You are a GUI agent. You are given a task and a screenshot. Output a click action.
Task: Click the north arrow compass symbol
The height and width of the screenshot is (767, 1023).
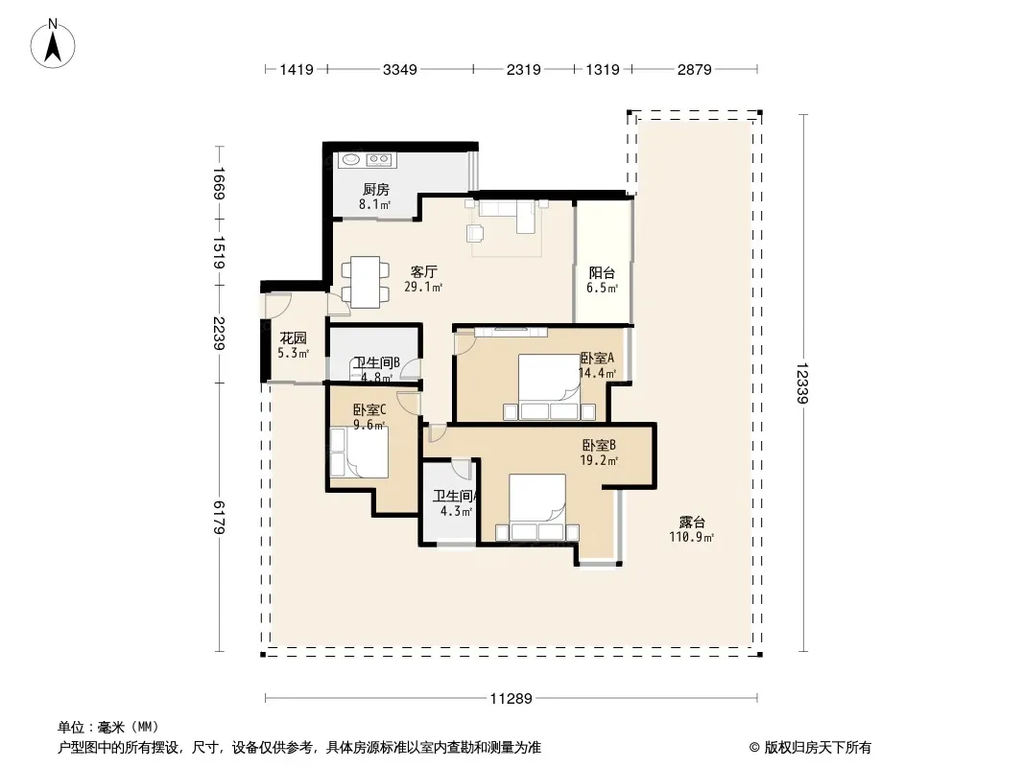pyautogui.click(x=53, y=44)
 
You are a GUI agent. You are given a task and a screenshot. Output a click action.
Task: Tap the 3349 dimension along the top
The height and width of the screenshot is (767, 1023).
pyautogui.click(x=399, y=69)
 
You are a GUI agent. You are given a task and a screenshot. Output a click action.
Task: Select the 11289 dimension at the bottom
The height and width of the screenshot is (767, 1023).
pyautogui.click(x=511, y=699)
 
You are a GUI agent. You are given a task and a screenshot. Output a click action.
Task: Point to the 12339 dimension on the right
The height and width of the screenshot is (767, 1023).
pyautogui.click(x=802, y=383)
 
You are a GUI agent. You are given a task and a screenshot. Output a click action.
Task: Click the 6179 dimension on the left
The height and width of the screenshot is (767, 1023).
pyautogui.click(x=219, y=517)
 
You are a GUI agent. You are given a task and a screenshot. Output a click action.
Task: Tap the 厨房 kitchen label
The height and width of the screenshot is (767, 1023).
pyautogui.click(x=376, y=190)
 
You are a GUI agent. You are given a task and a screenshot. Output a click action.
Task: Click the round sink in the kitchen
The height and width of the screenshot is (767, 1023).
pyautogui.click(x=351, y=158)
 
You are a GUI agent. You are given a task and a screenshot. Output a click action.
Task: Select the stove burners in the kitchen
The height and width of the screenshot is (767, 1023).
pyautogui.click(x=379, y=159)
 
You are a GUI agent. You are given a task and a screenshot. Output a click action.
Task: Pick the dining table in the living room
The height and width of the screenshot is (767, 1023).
pyautogui.click(x=366, y=282)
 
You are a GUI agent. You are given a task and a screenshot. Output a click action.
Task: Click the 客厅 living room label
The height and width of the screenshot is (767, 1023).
pyautogui.click(x=423, y=271)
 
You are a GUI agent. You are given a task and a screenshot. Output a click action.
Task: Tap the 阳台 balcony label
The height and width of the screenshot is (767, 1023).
pyautogui.click(x=602, y=273)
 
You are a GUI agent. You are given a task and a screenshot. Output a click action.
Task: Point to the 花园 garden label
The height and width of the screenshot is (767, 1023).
pyautogui.click(x=293, y=338)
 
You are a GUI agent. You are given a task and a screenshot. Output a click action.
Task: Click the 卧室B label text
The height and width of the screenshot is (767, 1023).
pyautogui.click(x=599, y=446)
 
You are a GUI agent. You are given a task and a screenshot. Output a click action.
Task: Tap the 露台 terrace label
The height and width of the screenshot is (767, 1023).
pyautogui.click(x=692, y=523)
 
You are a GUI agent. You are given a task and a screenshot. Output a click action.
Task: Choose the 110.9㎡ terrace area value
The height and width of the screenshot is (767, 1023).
pyautogui.click(x=692, y=538)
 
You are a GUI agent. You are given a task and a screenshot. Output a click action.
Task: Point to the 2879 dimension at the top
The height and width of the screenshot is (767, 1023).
pyautogui.click(x=694, y=69)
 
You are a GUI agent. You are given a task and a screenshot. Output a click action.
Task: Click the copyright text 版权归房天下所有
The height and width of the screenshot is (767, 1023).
pyautogui.click(x=818, y=748)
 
